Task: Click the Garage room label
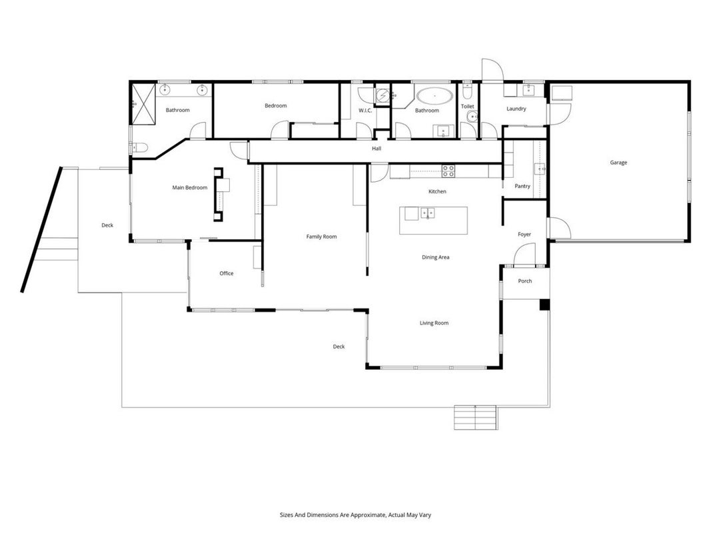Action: pyautogui.click(x=618, y=163)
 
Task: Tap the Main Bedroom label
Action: pyautogui.click(x=189, y=188)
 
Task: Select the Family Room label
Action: pyautogui.click(x=321, y=237)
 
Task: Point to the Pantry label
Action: pyautogui.click(x=522, y=187)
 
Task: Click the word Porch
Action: pyautogui.click(x=525, y=281)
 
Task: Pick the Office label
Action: pyautogui.click(x=227, y=273)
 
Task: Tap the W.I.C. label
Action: pyautogui.click(x=365, y=111)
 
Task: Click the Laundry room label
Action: pyautogui.click(x=516, y=109)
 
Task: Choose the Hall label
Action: pyautogui.click(x=376, y=149)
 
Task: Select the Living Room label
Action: pyautogui.click(x=434, y=323)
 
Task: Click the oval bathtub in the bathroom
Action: pyautogui.click(x=435, y=96)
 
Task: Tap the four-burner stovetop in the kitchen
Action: pyautogui.click(x=448, y=171)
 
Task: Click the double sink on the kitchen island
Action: pyautogui.click(x=427, y=213)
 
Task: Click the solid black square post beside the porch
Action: pyautogui.click(x=544, y=304)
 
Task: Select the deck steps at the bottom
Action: pyautogui.click(x=476, y=418)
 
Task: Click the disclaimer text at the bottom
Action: pyautogui.click(x=355, y=515)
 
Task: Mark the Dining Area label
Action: pyautogui.click(x=435, y=257)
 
